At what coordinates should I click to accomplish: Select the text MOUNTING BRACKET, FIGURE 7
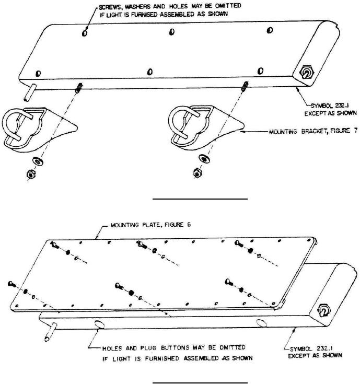tap(313, 131)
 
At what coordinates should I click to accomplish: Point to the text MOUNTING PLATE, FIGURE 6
tap(150, 225)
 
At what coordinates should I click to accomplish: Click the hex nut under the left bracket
tap(31, 174)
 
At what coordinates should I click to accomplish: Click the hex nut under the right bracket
tap(198, 173)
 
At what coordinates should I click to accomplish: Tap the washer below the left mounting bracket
tap(38, 161)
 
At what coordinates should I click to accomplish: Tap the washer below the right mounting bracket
tap(204, 158)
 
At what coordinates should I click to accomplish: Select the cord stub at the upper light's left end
tap(30, 92)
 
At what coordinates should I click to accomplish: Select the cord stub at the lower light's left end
tap(51, 332)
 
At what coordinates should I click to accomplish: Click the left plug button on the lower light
tap(99, 324)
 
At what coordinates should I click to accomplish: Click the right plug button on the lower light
tap(262, 323)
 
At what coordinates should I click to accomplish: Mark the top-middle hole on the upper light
tap(172, 31)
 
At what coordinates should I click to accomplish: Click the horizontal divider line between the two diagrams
tap(200, 199)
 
